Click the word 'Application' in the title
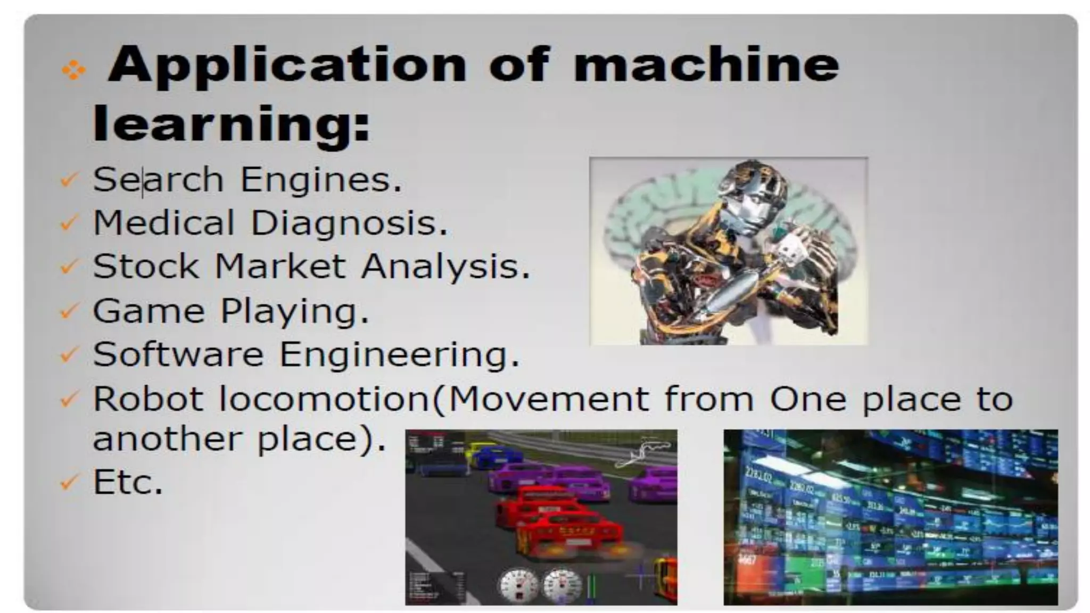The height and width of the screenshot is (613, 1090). click(x=287, y=65)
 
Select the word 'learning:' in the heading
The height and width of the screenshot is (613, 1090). click(x=232, y=123)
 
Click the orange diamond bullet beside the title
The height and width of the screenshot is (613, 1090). click(x=73, y=70)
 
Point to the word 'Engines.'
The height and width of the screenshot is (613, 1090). click(x=321, y=180)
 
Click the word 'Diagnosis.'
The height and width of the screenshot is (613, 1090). click(x=349, y=223)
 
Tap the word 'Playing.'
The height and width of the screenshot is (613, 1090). click(x=295, y=311)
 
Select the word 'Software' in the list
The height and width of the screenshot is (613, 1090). click(x=178, y=354)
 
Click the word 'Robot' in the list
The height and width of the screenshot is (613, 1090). click(x=148, y=398)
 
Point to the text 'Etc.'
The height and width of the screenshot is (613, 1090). click(x=128, y=482)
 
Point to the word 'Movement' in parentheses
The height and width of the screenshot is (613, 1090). click(x=548, y=398)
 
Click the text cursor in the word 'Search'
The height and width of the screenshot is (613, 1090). click(x=143, y=181)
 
